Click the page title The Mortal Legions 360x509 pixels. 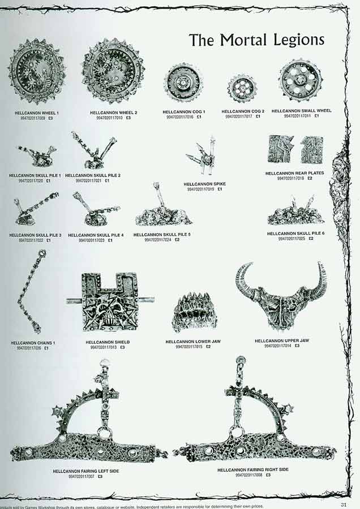pyautogui.click(x=256, y=40)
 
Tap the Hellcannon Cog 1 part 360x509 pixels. pyautogui.click(x=183, y=83)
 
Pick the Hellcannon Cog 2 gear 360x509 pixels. pyautogui.click(x=242, y=89)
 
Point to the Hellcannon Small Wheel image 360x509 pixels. pyautogui.click(x=300, y=81)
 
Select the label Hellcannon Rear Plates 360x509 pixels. pyautogui.click(x=294, y=173)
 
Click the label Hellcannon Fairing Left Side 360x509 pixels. pyautogui.click(x=85, y=471)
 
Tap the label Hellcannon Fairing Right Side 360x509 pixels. pyautogui.click(x=252, y=469)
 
